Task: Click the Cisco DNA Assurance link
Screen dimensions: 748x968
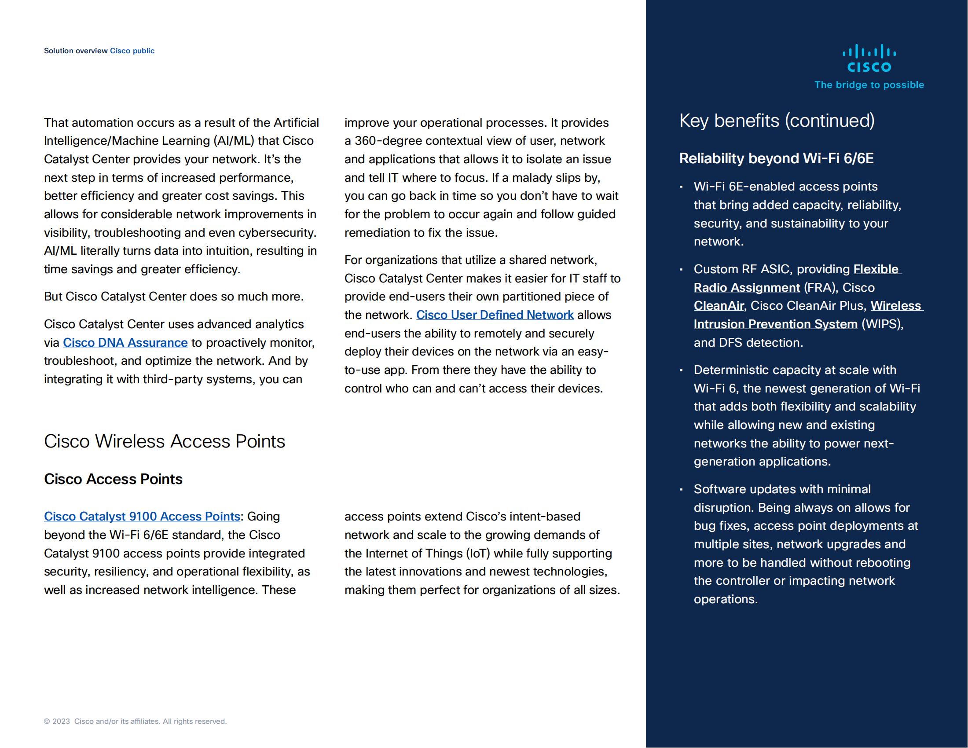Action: coord(125,342)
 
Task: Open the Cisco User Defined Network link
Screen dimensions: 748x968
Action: coord(495,315)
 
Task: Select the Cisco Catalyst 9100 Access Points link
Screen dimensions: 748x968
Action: coord(142,517)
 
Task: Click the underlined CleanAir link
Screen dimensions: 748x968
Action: coord(719,306)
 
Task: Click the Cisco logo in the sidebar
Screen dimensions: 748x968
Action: coord(869,58)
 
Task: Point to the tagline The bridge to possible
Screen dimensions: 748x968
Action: coord(869,85)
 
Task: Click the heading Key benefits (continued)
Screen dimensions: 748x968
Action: coord(777,121)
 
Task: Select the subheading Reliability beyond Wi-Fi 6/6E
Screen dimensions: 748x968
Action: coord(776,159)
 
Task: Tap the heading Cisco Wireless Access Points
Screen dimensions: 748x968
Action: coord(165,441)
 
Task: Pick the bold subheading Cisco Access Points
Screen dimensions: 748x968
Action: coord(113,480)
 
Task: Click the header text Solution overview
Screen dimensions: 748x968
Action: coord(75,51)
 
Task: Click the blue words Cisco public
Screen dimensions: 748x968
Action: coord(132,51)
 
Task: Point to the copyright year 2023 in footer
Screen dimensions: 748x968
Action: coord(61,722)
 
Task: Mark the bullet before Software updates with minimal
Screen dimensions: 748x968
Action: coord(681,490)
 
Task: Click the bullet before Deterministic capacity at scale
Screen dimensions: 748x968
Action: coord(681,370)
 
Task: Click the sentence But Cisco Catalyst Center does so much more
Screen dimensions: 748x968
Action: coord(174,297)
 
